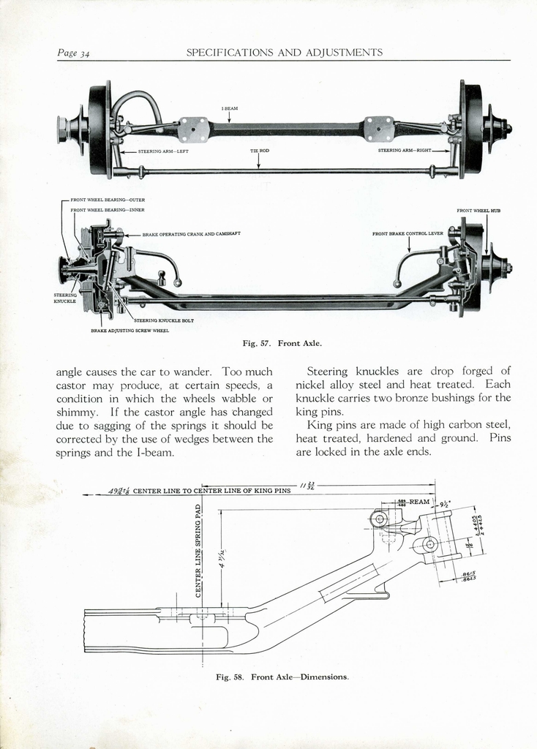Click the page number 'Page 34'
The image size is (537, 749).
[73, 53]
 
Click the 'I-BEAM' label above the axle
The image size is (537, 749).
[229, 108]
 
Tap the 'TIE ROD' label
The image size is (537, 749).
[259, 151]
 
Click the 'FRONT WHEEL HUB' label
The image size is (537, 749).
[478, 211]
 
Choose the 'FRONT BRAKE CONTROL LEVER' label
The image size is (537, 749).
[408, 234]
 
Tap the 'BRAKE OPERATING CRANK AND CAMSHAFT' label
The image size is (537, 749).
[191, 234]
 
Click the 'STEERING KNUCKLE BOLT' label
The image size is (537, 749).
[164, 320]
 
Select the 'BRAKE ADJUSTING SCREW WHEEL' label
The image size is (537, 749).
[129, 331]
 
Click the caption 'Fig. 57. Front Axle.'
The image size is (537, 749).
[282, 343]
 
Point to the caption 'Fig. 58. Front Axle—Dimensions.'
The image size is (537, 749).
[282, 677]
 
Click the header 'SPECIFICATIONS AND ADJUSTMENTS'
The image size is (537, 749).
[285, 53]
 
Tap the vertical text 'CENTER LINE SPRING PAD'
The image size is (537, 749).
[198, 550]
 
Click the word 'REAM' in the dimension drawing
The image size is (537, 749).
[419, 502]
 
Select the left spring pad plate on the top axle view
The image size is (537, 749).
[193, 129]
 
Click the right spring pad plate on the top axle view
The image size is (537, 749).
[379, 129]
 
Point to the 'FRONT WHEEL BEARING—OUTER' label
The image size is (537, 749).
[108, 200]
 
